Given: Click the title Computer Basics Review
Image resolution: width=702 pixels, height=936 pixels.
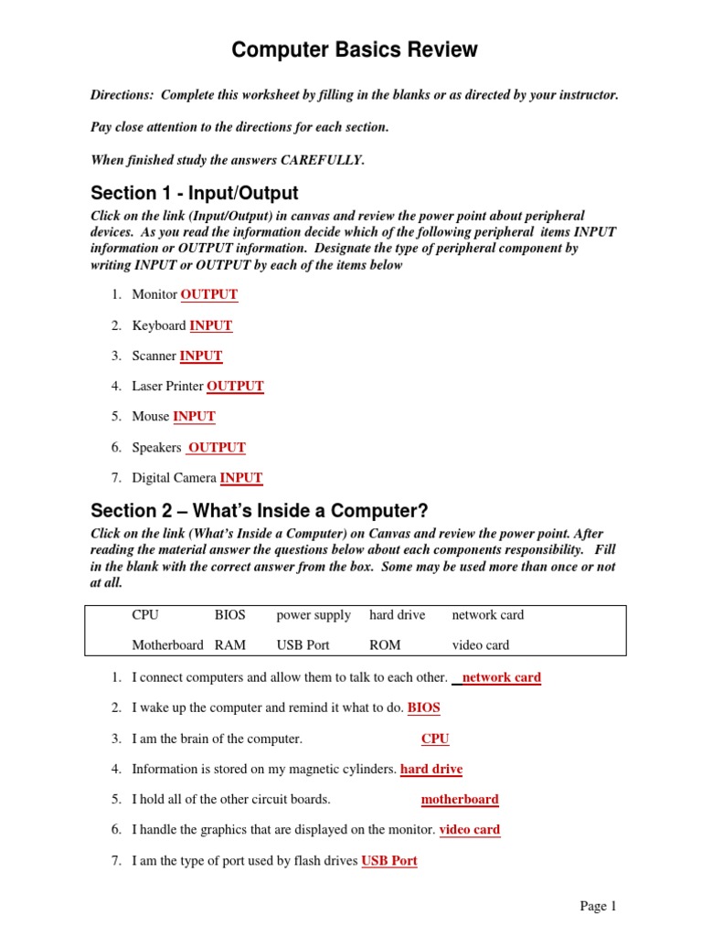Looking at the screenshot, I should tap(355, 50).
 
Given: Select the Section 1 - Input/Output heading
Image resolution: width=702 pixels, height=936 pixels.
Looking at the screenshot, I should tap(194, 194).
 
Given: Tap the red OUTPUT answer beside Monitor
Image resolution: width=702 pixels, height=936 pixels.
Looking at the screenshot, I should tap(209, 294).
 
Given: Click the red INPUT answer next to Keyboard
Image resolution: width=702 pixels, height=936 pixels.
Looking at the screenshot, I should tap(211, 325).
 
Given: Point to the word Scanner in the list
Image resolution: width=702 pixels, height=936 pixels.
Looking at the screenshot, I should tap(154, 356).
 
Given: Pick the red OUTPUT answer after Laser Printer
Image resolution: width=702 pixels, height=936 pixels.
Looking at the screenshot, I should tap(235, 386).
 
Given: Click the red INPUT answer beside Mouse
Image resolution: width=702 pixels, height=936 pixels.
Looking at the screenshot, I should tap(194, 416).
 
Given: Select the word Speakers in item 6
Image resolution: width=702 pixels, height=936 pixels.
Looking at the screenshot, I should tap(156, 447).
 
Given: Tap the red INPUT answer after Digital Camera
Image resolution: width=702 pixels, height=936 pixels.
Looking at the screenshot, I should tap(241, 477).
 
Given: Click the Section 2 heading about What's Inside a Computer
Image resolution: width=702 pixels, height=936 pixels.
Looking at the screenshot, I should tap(259, 510).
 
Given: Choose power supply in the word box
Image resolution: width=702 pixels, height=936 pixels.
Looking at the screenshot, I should tap(314, 615).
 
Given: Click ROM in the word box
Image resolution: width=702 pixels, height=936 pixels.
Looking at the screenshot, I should tap(385, 644).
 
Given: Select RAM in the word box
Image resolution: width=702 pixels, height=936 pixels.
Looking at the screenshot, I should tap(230, 644).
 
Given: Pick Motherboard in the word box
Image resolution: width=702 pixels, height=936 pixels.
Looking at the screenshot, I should tap(167, 644).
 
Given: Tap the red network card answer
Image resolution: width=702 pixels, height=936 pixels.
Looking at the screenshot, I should tap(502, 677).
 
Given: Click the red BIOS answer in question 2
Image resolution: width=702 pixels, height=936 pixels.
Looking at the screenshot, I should tap(424, 707).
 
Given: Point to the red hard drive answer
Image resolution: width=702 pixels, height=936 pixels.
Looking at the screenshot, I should tap(431, 769).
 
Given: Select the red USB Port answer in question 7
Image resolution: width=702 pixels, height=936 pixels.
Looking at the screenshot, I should tap(389, 860).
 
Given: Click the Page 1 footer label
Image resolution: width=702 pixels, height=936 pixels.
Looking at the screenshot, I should tap(599, 906).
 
